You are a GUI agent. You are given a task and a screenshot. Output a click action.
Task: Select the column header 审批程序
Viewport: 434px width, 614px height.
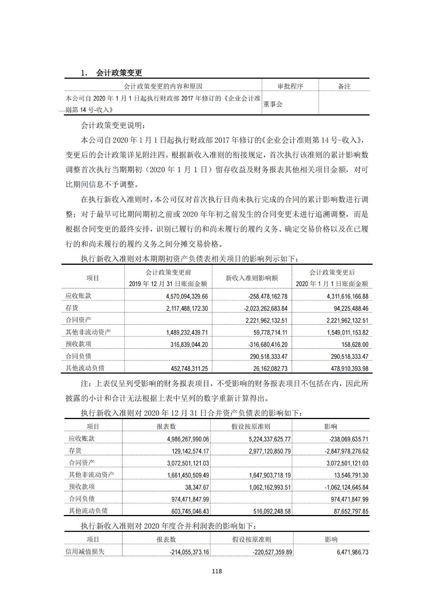[x=290, y=86]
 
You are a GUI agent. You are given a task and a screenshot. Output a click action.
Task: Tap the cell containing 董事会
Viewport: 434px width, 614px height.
[x=273, y=104]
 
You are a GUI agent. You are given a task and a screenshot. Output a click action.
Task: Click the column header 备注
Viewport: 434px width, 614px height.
[x=344, y=86]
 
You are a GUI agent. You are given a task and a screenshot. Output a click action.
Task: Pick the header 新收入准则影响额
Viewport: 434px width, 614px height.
[x=251, y=278]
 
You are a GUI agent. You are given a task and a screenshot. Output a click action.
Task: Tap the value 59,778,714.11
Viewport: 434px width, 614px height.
[x=268, y=332]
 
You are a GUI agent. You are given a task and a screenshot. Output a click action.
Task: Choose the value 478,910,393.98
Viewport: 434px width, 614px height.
[x=344, y=368]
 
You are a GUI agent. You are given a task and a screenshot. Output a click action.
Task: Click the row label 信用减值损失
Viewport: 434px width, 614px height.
[x=85, y=552]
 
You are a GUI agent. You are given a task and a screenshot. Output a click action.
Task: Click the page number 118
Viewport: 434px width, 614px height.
[x=217, y=571]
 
